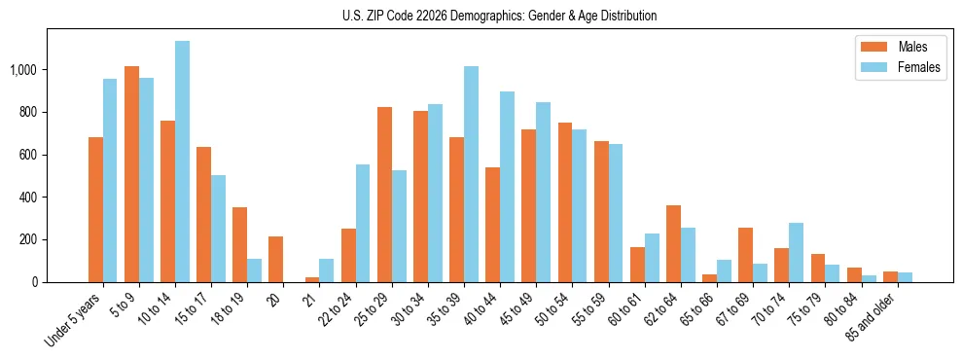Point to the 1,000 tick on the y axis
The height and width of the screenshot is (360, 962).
point(22,70)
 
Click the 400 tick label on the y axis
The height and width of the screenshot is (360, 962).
point(27,198)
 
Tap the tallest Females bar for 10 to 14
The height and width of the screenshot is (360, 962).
point(183,162)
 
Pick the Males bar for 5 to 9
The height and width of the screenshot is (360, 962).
point(132,174)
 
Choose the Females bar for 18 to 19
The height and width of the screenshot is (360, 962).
point(255,270)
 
